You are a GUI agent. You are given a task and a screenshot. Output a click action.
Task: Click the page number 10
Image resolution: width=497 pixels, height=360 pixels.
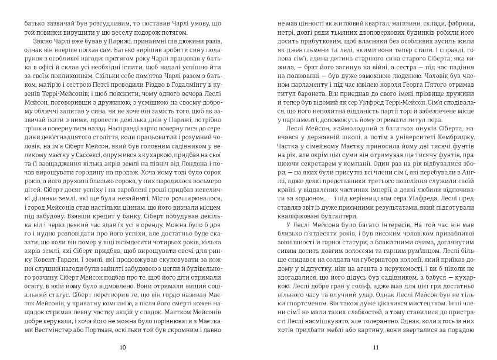click(122, 348)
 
